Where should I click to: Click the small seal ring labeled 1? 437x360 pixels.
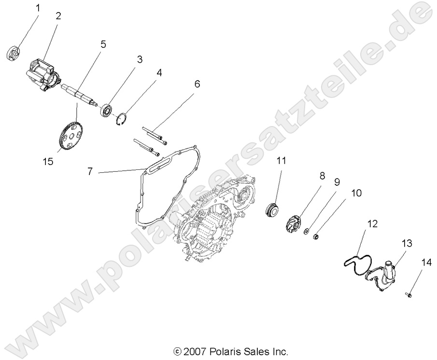point(15,52)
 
